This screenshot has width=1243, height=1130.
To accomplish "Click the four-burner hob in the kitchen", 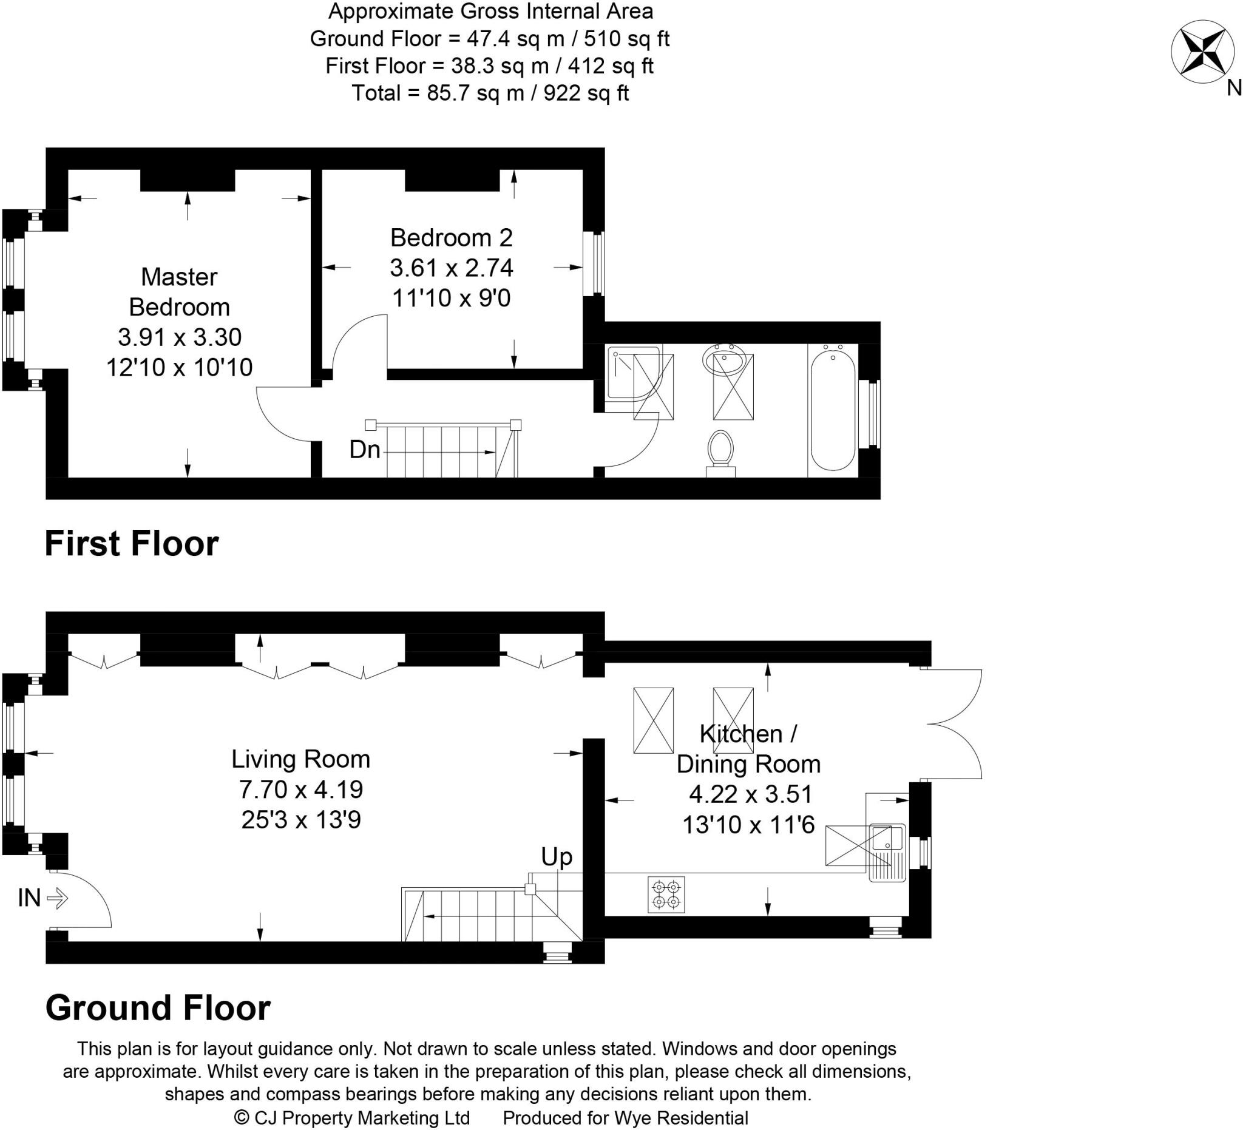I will pos(666,895).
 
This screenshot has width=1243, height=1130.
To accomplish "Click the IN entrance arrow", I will pos(56,898).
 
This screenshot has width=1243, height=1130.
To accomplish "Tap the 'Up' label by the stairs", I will pos(556,857).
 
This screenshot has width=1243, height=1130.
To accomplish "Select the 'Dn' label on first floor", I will pos(364,450).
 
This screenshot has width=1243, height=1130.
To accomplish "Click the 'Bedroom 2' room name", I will pos(452,237).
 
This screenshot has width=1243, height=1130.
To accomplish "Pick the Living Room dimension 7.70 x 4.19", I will pos(301,789).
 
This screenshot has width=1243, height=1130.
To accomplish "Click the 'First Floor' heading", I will pos(131,544).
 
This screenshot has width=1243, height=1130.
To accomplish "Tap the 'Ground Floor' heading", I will pos(158,1008).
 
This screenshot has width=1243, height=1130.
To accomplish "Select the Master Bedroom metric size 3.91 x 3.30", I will pos(180,337).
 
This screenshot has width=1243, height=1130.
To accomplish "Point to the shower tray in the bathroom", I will pos(633,373).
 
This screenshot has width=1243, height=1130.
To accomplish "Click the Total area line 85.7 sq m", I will pos(490,93).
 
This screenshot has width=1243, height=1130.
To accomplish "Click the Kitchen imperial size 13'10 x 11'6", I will pos(748,825).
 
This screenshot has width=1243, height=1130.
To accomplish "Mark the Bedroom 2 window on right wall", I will pos(594,263).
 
